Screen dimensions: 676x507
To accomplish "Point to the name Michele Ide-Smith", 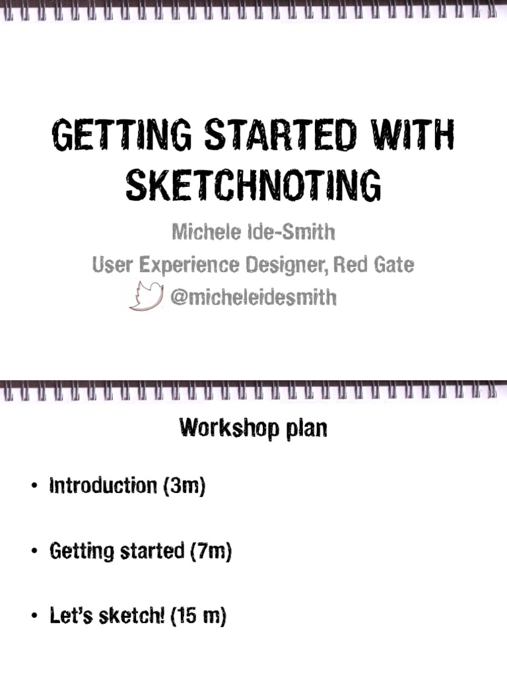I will coord(253,232).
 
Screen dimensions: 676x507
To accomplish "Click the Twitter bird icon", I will coord(146,296).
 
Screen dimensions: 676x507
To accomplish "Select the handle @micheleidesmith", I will coord(253,298).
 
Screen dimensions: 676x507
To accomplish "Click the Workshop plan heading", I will coord(253,429).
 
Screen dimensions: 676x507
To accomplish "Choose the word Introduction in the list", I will coord(102,487).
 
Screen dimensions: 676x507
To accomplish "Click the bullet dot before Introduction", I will coord(34,488).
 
